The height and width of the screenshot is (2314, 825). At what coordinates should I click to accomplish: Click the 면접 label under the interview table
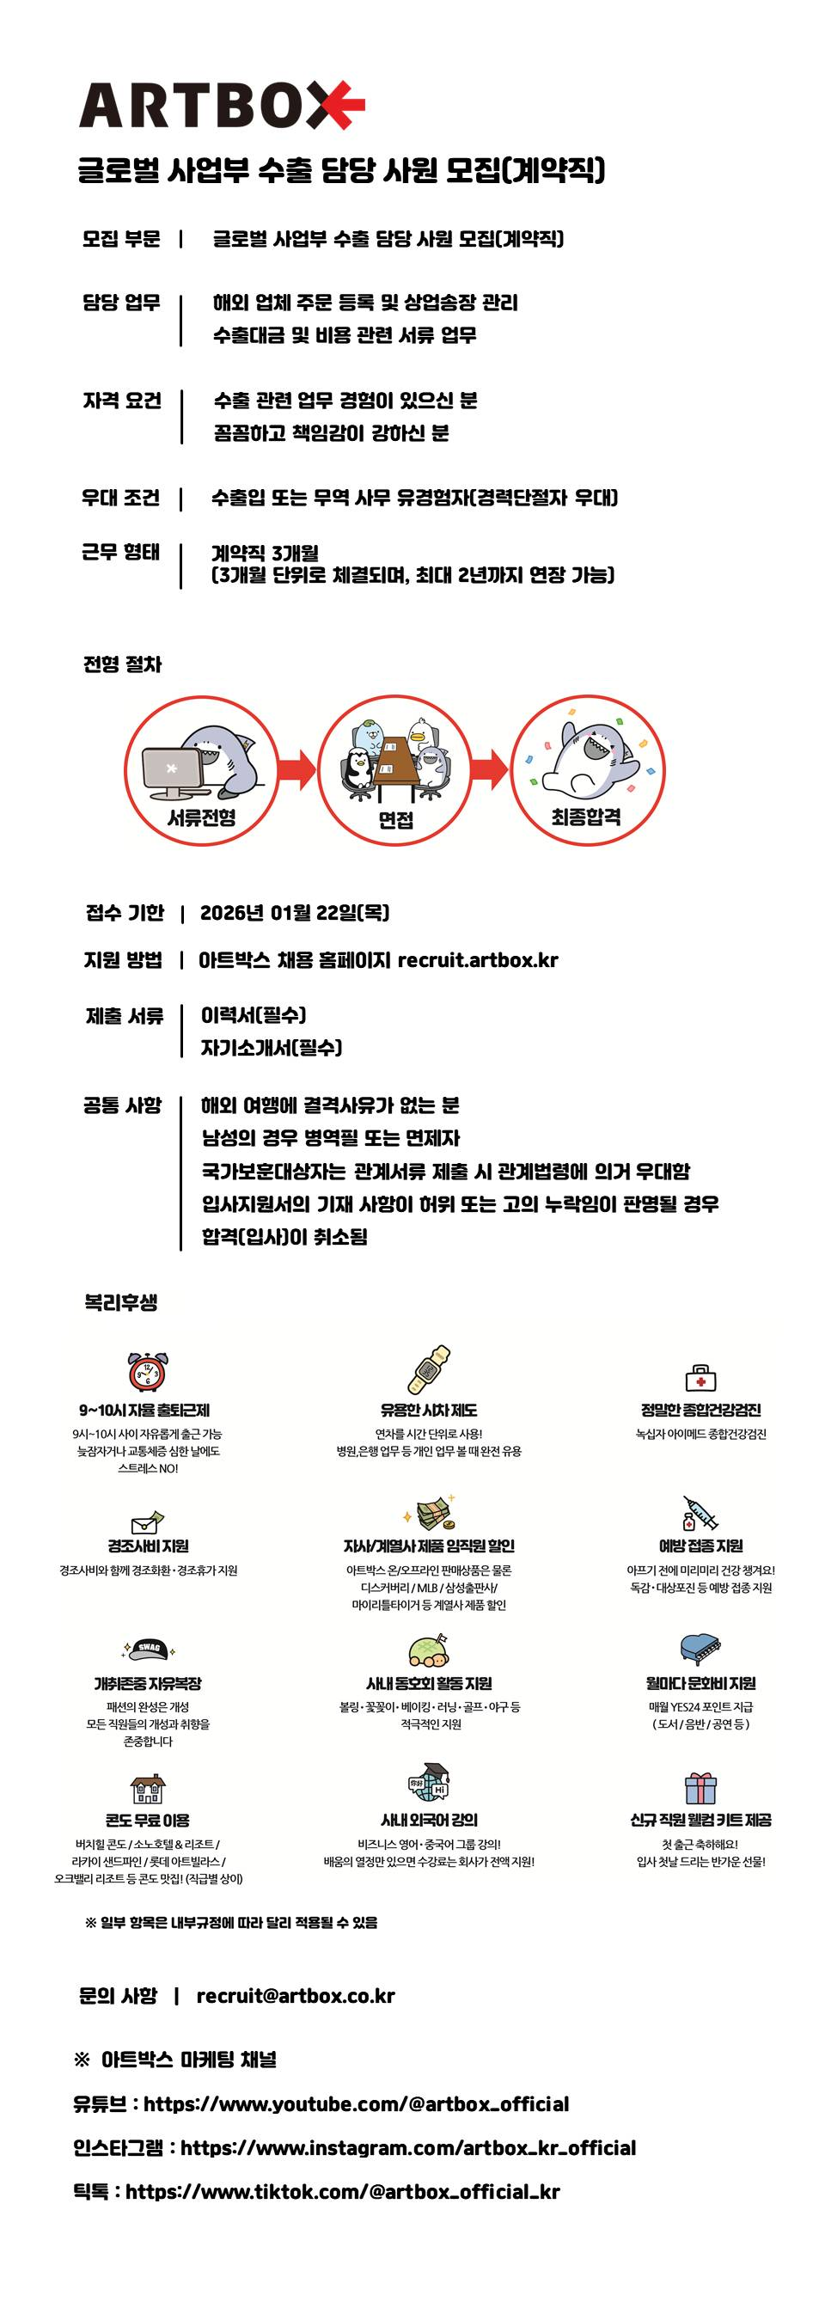click(x=396, y=819)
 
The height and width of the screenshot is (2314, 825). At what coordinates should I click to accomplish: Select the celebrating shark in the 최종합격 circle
click(x=592, y=759)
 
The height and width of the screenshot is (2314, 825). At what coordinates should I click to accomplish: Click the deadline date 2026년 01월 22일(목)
click(x=295, y=914)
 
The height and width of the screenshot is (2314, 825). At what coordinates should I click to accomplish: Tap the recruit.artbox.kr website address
click(x=477, y=960)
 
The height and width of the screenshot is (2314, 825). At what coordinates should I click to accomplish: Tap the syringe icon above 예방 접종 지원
click(x=700, y=1514)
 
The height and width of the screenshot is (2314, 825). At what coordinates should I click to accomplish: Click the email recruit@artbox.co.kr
click(x=296, y=1996)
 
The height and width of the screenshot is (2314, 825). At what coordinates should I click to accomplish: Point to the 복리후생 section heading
click(x=121, y=1302)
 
